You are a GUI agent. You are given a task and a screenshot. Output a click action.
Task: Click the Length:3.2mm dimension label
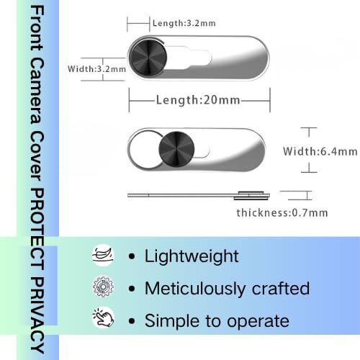184,23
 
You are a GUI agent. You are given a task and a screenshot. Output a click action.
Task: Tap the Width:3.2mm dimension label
96,69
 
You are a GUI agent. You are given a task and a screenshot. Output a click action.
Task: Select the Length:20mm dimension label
198,100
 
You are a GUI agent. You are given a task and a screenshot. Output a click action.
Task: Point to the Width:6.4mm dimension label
320,151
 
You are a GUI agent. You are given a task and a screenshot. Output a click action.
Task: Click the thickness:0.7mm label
282,213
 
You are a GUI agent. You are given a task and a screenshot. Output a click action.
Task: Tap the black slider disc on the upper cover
148,58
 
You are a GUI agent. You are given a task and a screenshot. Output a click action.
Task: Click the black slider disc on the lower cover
176,149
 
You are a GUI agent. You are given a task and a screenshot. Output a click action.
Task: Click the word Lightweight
192,257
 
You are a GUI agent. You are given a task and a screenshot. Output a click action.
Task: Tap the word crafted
281,288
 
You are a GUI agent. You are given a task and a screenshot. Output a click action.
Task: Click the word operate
258,322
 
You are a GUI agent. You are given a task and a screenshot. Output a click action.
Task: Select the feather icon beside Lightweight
103,255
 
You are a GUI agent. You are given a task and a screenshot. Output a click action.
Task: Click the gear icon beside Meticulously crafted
103,287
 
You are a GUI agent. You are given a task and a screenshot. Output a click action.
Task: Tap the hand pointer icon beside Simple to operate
103,318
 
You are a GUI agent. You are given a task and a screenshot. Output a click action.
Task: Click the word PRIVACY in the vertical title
37,315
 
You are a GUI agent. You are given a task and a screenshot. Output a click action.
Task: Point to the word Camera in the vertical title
37,91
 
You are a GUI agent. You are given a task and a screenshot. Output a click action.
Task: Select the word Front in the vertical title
37,28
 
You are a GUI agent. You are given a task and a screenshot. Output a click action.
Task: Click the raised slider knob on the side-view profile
251,195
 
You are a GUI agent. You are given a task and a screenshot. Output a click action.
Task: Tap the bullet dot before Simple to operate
132,321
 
